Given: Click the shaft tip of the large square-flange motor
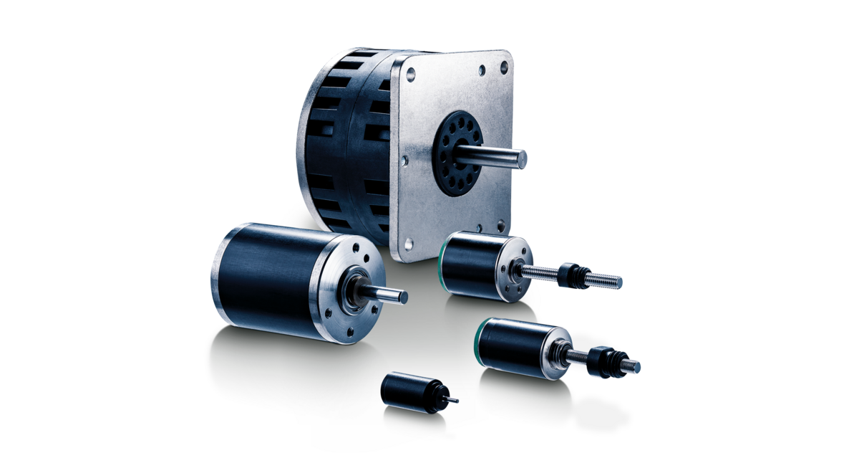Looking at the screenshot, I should coord(524,159).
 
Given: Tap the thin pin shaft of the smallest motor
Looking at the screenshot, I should coord(452,400).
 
